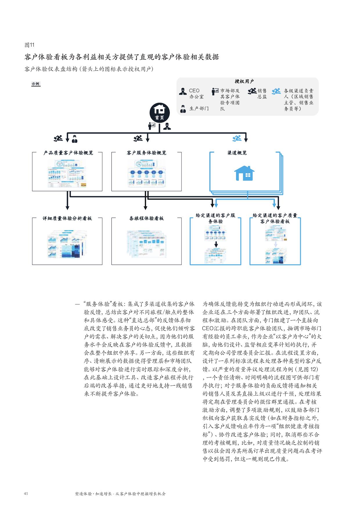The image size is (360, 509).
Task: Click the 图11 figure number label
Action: coord(29,45)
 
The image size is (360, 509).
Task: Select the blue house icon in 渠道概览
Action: coord(244,173)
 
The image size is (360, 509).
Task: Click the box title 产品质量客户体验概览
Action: coord(68,153)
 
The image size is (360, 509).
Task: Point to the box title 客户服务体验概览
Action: coord(147,153)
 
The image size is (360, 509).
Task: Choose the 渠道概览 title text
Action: coord(237,153)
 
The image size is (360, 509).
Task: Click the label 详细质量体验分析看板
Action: coord(67,218)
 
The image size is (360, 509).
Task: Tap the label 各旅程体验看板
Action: coord(146,218)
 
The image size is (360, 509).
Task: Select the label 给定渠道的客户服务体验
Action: coord(215,218)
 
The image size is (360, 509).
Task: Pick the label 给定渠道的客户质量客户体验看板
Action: coord(275,218)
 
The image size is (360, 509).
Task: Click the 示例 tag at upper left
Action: coord(36,84)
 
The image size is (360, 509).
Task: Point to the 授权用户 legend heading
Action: coord(244,82)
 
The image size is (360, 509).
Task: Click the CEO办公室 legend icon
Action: coord(183,91)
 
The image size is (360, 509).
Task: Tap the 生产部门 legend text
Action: coord(199,109)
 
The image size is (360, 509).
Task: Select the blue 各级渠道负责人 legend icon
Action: coord(276,91)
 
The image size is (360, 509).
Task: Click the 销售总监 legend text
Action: coord(262,94)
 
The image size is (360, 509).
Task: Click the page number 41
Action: coord(26,494)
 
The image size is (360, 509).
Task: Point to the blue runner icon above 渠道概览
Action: coord(237,138)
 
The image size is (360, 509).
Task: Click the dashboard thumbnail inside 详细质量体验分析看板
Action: coord(67,244)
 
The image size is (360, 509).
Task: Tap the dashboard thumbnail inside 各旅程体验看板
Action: coord(146,244)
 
